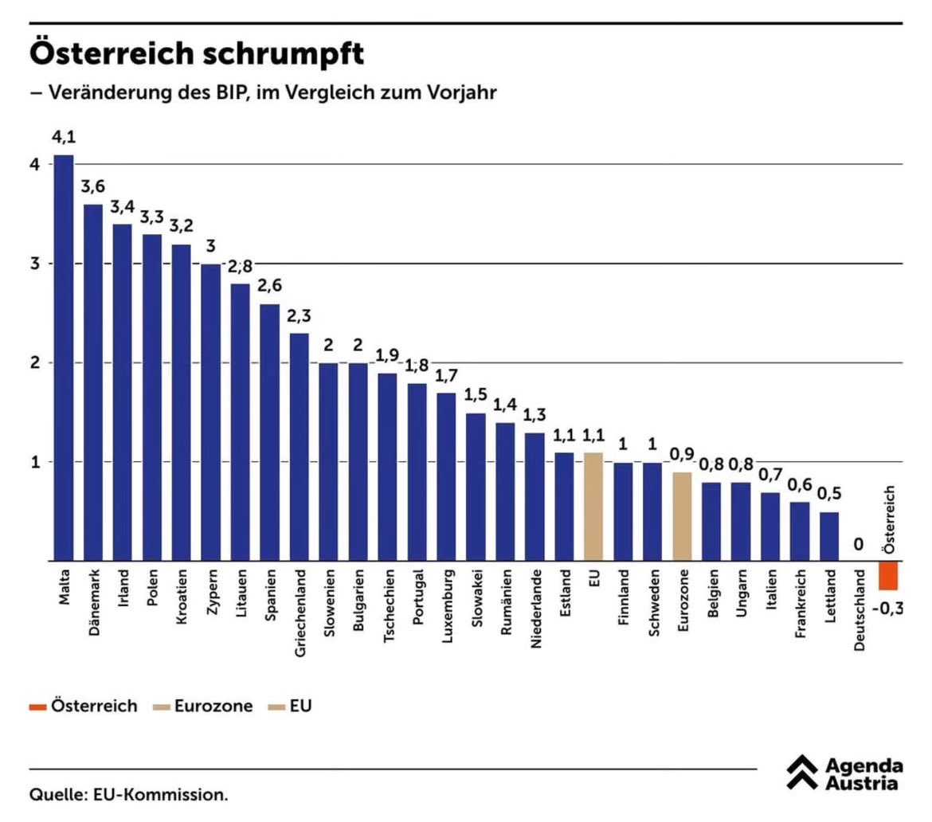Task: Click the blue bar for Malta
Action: coord(63,358)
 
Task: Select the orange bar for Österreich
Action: coord(888,575)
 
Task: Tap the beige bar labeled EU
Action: coord(593,507)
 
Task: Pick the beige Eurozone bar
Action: coord(682,516)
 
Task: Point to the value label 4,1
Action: coord(64,138)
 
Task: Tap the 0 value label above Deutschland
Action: coord(859,544)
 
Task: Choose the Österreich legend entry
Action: coord(83,706)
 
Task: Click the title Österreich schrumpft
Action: coord(197,55)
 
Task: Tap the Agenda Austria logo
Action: coord(844,775)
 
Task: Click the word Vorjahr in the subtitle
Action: coord(460,92)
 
